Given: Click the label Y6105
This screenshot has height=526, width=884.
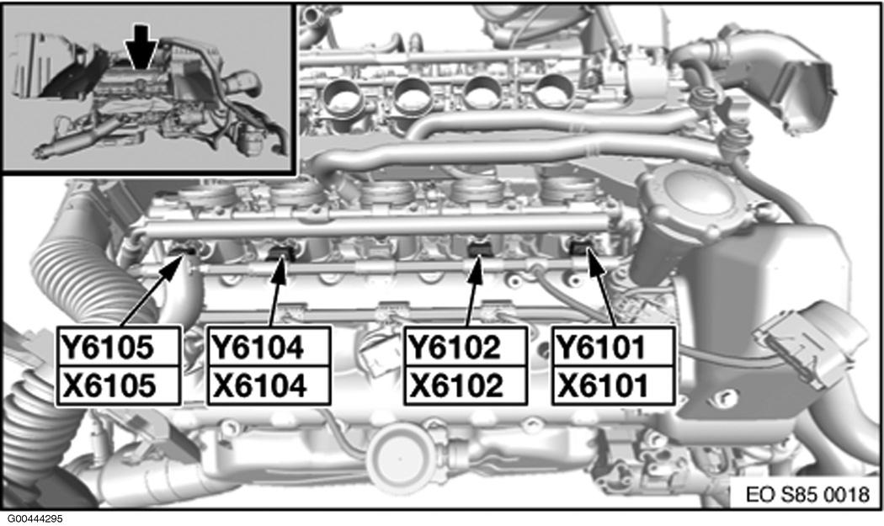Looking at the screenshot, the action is coord(107,347).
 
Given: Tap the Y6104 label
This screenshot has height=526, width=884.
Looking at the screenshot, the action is coord(257,347).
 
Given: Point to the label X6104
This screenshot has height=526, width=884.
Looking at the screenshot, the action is coord(259,386).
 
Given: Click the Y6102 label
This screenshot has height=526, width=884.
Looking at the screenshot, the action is coord(455,347).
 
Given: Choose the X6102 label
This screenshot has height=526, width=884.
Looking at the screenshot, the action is coord(456,386).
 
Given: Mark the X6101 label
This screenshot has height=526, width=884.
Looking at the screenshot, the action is coord(603,386).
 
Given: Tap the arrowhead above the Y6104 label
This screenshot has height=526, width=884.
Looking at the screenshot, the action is coord(280,269).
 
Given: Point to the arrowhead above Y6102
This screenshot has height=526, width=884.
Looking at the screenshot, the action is coord(476,269).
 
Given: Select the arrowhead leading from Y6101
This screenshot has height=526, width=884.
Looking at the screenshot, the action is coord(594,264).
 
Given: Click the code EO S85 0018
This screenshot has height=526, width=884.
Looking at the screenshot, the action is coord(807,494).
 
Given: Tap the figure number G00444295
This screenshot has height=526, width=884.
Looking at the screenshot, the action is coord(35,518).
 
